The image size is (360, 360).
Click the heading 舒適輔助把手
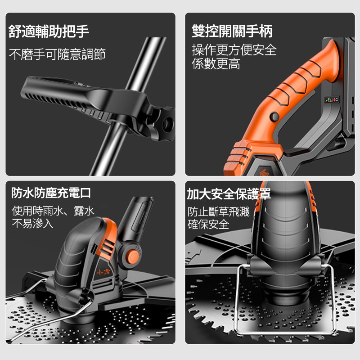pyautogui.click(x=49, y=31)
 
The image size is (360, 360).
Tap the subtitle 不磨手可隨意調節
pyautogui.click(x=57, y=54)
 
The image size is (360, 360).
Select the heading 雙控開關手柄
pyautogui.click(x=232, y=31)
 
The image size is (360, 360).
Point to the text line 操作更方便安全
pyautogui.click(x=234, y=50)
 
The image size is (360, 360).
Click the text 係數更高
pyautogui.click(x=216, y=63)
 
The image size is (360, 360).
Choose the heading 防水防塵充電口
pyautogui.click(x=51, y=193)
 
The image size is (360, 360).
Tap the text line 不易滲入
pyautogui.click(x=32, y=223)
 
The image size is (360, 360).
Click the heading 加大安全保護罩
pyautogui.click(x=229, y=194)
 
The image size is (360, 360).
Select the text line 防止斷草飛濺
pyautogui.click(x=219, y=211)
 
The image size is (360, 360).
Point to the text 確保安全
pyautogui.click(x=208, y=224)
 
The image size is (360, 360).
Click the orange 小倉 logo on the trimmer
pyautogui.click(x=103, y=272)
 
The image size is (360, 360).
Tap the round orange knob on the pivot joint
pyautogui.click(x=133, y=256)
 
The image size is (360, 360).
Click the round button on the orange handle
pyautogui.click(x=274, y=117)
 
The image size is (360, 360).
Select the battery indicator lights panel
pyautogui.click(x=332, y=99)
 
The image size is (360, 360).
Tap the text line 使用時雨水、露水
pyautogui.click(x=53, y=211)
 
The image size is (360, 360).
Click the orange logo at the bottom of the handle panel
pyautogui.click(x=264, y=172)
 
